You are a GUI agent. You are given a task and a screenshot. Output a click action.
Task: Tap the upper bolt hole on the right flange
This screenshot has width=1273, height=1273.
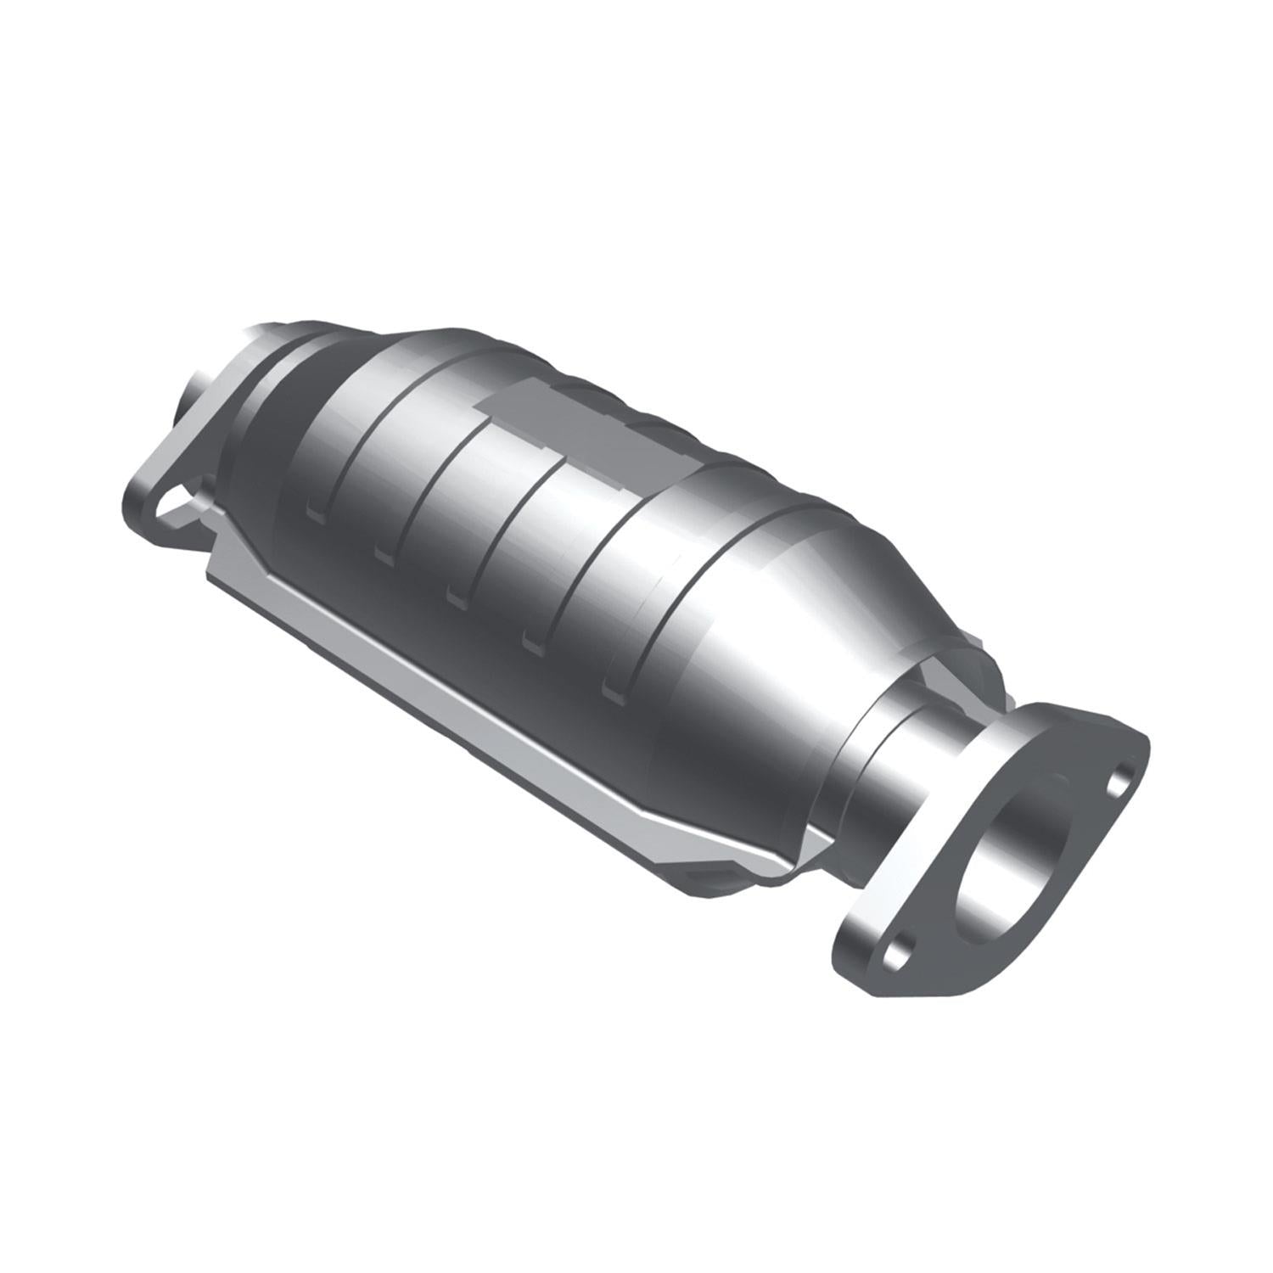coord(1121,775)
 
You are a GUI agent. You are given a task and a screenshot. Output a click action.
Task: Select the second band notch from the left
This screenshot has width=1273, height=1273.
coord(384,552)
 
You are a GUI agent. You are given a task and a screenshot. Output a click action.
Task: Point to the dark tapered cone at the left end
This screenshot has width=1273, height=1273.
coord(280,441)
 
